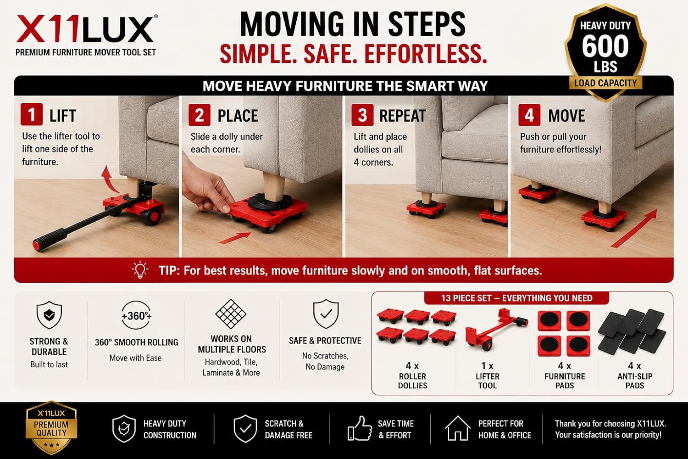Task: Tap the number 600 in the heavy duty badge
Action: (605, 46)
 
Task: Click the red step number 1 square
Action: (32, 114)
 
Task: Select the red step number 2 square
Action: (200, 115)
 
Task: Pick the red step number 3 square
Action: (362, 115)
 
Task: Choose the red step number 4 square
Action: (529, 115)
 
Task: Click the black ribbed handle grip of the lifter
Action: (50, 239)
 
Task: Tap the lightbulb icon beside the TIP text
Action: (140, 270)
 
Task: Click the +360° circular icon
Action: (136, 315)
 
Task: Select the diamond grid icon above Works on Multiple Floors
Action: (231, 314)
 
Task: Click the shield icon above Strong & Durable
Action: (49, 315)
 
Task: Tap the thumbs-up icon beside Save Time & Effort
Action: (360, 429)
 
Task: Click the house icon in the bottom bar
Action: (458, 428)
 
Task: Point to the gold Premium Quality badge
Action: (51, 428)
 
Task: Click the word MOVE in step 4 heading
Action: (566, 116)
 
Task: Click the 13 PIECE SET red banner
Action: (516, 298)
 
